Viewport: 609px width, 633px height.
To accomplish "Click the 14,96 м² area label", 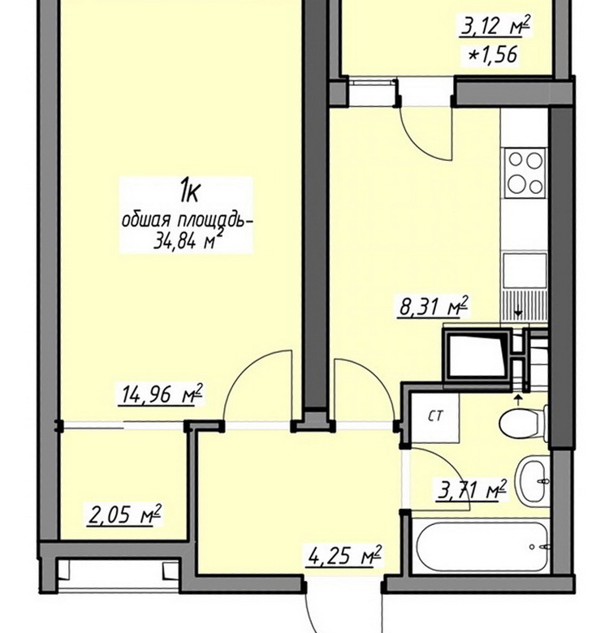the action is click(160, 394).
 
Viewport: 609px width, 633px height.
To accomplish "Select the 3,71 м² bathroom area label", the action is click(471, 490).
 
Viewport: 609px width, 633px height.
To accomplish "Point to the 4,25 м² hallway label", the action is click(344, 556).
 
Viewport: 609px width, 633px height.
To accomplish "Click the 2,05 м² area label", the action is click(124, 515).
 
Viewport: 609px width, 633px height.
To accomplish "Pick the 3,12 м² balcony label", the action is click(495, 27).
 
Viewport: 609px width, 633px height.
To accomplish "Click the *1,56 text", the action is click(493, 54).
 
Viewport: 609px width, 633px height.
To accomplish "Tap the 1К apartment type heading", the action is click(190, 192).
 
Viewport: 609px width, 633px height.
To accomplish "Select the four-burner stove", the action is click(525, 173).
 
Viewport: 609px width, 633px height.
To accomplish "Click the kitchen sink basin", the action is click(525, 269).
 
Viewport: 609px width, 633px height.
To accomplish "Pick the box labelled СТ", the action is click(435, 416).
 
